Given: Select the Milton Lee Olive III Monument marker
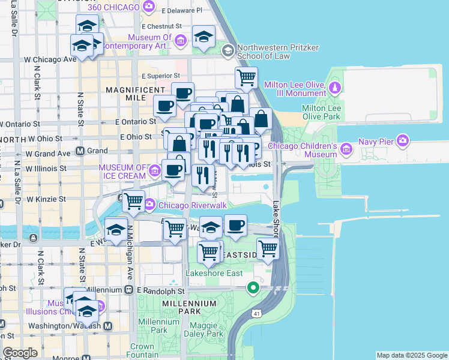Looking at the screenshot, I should [335, 89].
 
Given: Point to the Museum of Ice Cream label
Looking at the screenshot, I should [122, 172].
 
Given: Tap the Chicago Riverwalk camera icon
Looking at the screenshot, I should [150, 205].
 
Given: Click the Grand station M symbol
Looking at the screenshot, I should [79, 151].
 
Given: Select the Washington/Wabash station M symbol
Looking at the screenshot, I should [107, 326].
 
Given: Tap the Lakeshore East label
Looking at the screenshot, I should [214, 274].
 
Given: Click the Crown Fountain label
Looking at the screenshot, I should [142, 350].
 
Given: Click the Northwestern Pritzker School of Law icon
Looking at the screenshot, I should [228, 51].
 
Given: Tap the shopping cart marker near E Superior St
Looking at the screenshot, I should [246, 77].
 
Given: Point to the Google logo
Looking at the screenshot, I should [20, 353].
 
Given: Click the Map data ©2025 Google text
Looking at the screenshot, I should [411, 355].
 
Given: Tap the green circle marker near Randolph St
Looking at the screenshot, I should [253, 289].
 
